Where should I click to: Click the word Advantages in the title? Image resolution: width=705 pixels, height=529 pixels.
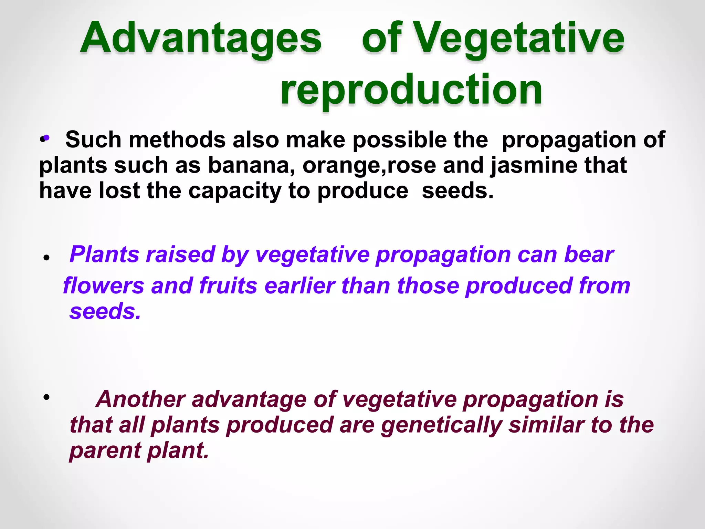pos(201,38)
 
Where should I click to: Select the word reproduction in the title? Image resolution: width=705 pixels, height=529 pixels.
pos(411,90)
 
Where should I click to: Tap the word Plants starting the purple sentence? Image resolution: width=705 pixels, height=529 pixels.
pos(104,255)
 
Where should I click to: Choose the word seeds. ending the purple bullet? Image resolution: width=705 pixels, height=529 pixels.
pos(105,311)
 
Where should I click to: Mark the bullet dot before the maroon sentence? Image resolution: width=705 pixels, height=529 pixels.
pos(46,397)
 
